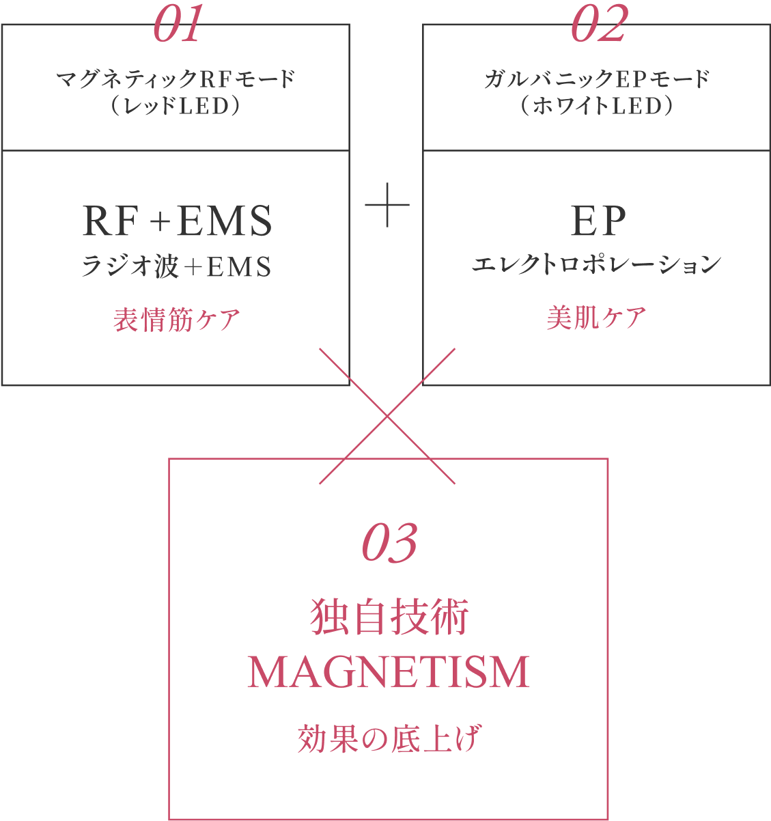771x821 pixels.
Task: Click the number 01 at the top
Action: point(178,26)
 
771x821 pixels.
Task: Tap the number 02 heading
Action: point(598,26)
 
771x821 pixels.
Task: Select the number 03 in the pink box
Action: point(389,544)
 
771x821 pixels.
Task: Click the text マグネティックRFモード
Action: point(176,80)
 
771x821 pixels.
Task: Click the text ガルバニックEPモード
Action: point(597,80)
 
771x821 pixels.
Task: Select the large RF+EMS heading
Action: point(177,221)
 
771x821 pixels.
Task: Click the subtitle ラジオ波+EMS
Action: point(176,266)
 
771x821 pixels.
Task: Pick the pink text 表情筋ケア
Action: point(176,320)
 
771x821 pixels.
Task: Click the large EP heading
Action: point(598,221)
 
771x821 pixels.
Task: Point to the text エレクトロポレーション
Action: point(597,265)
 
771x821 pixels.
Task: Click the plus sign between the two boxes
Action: point(387,204)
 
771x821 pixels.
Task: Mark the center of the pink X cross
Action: point(387,416)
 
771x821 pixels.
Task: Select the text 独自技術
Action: point(389,617)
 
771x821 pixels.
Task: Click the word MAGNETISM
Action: point(389,672)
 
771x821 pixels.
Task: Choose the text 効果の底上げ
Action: point(389,739)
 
